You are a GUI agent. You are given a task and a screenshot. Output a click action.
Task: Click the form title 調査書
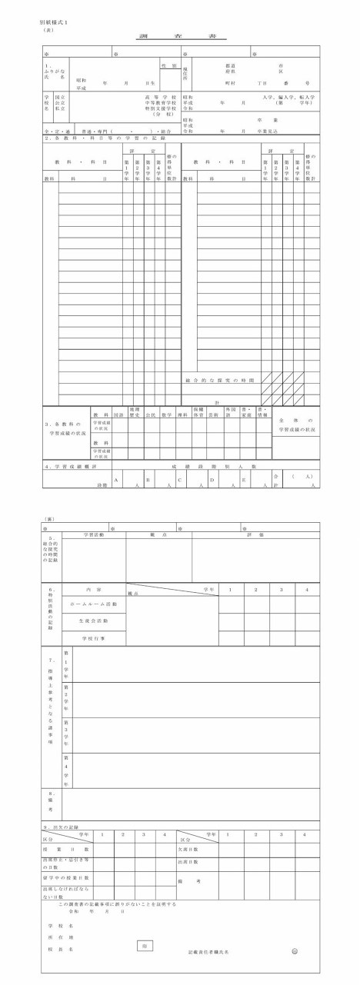point(179,37)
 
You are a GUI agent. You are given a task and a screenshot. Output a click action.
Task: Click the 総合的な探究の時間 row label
point(220,380)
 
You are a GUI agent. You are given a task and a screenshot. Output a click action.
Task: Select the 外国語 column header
point(228,414)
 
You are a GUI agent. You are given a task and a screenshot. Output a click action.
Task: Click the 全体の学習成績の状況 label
point(295,424)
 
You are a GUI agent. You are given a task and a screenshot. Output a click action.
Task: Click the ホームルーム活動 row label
point(95,604)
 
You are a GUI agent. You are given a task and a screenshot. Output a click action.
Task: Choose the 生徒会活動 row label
point(95,621)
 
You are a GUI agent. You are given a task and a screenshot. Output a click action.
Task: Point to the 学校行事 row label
point(95,638)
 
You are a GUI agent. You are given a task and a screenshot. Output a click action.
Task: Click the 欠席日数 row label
point(188,849)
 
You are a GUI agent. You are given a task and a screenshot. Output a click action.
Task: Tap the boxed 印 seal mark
point(144,947)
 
